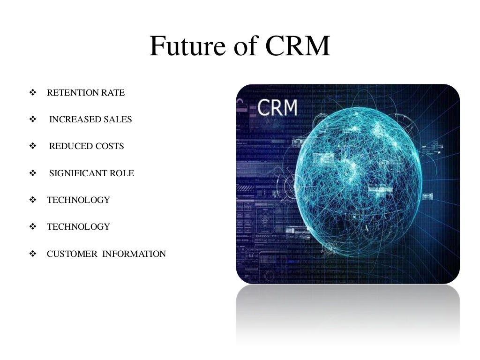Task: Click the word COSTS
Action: coord(110,146)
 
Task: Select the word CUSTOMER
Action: coord(72,254)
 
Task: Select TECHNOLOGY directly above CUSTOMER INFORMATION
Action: coord(78,227)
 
